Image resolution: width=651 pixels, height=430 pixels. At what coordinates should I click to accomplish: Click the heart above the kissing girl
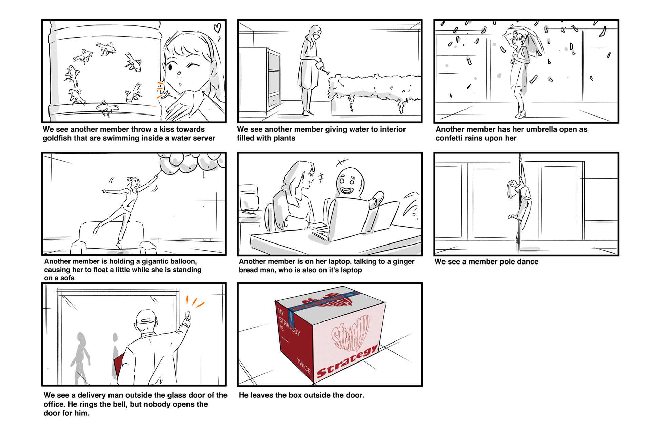click(217, 28)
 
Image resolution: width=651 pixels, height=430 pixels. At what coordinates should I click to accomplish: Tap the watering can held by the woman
click(321, 66)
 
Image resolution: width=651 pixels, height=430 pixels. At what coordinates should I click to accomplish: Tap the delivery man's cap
click(147, 317)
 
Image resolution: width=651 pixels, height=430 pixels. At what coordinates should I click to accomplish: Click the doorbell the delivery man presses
click(188, 316)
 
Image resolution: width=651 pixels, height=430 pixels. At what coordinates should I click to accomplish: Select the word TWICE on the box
click(303, 366)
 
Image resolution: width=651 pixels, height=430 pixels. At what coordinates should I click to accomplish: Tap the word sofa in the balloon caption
click(67, 278)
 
